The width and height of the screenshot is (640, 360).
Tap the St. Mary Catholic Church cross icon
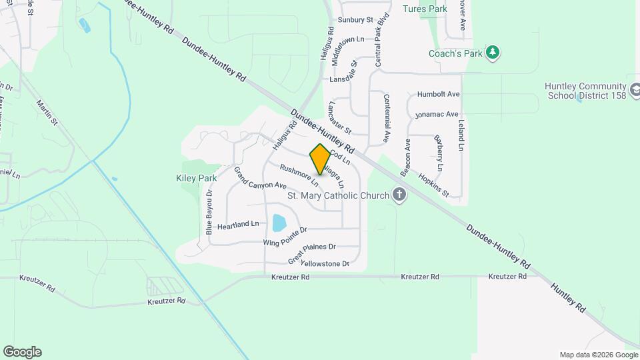click(x=399, y=195)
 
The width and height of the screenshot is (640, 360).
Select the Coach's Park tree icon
click(x=493, y=53)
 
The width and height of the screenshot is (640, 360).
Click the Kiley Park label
click(x=197, y=179)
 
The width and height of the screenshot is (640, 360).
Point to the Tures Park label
click(x=425, y=9)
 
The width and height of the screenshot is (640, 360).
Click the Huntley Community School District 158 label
click(x=585, y=91)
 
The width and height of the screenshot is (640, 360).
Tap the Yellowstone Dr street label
click(x=325, y=264)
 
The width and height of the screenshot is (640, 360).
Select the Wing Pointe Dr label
click(x=285, y=236)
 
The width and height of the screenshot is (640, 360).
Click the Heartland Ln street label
click(x=237, y=225)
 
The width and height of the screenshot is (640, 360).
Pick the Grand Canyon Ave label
click(x=259, y=177)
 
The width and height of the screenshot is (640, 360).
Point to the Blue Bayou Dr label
click(x=209, y=212)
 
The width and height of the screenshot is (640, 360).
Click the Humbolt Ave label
click(x=439, y=95)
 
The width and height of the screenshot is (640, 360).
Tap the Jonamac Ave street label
click(x=437, y=115)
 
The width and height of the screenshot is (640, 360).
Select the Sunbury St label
click(x=355, y=20)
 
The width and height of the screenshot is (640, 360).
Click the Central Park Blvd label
click(x=382, y=41)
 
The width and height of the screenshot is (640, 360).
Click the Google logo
click(x=22, y=352)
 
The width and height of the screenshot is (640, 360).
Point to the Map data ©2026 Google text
click(x=597, y=355)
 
